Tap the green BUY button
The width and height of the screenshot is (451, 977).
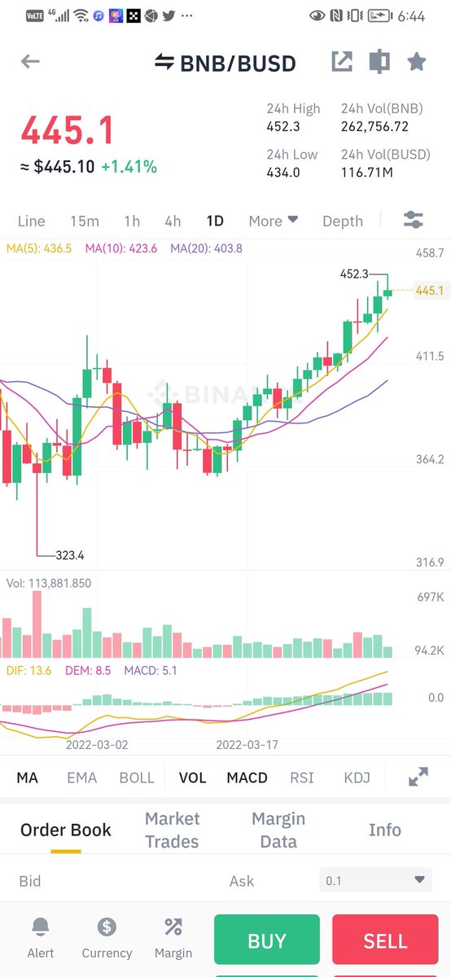[267, 940]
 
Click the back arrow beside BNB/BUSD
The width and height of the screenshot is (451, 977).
[30, 62]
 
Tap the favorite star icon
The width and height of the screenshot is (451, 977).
[417, 62]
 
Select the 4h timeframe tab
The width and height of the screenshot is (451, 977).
[173, 221]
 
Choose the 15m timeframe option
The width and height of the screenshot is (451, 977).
[85, 221]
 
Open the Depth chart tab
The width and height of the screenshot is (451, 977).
[343, 221]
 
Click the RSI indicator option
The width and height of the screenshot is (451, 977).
[302, 778]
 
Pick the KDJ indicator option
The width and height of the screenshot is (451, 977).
[357, 778]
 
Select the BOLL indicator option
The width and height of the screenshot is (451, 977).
[137, 778]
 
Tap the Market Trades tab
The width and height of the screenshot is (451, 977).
[172, 830]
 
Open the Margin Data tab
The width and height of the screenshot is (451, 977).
[278, 830]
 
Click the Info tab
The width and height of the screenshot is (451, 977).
[384, 830]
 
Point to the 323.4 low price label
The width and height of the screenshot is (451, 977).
[70, 555]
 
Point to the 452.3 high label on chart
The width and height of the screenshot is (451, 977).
[354, 274]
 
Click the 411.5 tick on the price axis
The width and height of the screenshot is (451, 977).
[429, 356]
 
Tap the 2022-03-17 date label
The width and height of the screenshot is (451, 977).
[247, 744]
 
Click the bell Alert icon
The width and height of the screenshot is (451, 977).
[40, 927]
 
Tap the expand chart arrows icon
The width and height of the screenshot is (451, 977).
[418, 778]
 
